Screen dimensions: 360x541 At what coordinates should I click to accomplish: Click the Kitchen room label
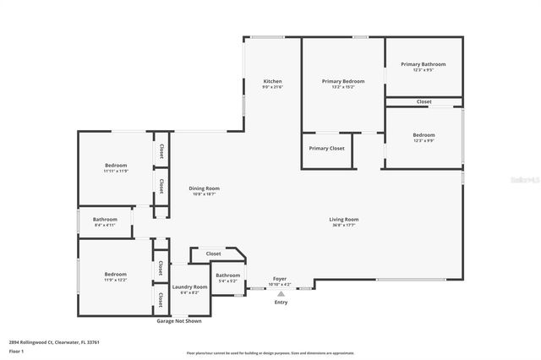(272, 81)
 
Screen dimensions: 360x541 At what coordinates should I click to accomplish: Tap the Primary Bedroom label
(343, 81)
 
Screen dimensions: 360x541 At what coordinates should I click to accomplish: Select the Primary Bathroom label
(423, 64)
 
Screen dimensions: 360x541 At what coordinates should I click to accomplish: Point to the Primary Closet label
(326, 149)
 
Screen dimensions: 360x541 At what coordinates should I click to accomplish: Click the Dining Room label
(204, 188)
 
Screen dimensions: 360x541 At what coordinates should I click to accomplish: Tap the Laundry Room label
(189, 287)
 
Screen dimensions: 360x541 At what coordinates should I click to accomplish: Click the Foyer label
(279, 279)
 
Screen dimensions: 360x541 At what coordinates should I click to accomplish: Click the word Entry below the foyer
(281, 303)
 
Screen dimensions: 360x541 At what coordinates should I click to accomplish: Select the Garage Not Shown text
(179, 321)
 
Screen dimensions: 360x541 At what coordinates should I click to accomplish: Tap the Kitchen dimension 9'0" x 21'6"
(272, 87)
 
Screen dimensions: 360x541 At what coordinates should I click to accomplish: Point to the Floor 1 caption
(17, 351)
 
